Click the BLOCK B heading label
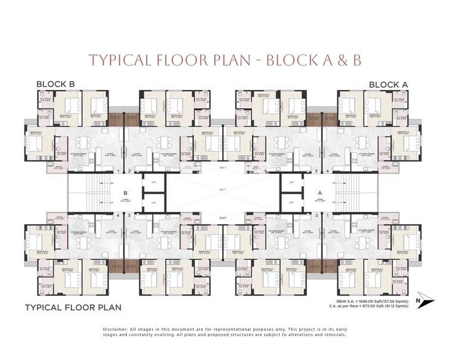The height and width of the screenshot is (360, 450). click(x=55, y=85)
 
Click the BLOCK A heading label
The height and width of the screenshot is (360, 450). click(x=388, y=85)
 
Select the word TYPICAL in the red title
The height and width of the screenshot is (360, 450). click(x=116, y=60)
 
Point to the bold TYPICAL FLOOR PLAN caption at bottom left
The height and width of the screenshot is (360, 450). click(x=73, y=308)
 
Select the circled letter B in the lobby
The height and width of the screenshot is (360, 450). click(x=126, y=193)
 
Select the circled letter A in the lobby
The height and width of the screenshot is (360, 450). click(x=319, y=193)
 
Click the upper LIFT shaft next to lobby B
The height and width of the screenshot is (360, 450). click(x=153, y=184)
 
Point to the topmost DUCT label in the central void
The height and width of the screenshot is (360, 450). click(x=222, y=169)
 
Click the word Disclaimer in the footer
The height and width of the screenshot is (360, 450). click(x=115, y=329)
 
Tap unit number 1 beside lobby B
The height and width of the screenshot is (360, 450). click(x=119, y=171)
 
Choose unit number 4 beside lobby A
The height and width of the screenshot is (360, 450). click(x=327, y=171)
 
